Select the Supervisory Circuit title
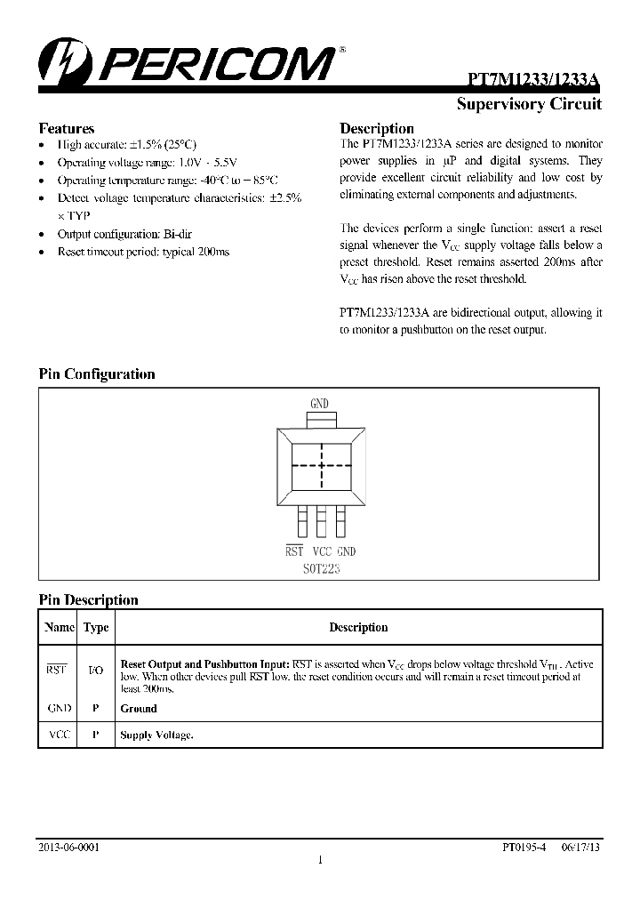529,104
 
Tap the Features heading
67,128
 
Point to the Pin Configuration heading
97,374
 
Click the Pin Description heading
89,600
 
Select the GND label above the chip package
319,404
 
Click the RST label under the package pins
294,551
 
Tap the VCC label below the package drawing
321,551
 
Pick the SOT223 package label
319,568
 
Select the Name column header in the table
59,627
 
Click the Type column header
96,627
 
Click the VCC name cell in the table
59,735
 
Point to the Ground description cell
139,709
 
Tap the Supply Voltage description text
156,735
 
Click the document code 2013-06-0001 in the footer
69,848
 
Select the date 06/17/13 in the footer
582,848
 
